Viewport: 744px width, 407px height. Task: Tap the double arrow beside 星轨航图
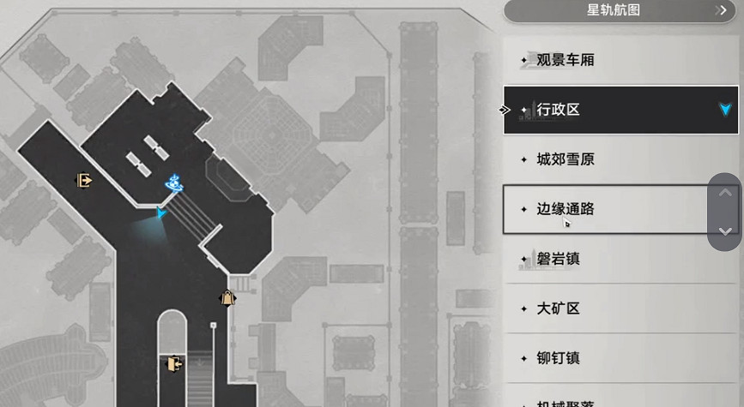click(722, 10)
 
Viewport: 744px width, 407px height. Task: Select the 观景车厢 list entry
click(566, 60)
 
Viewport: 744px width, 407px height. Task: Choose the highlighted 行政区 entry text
click(559, 110)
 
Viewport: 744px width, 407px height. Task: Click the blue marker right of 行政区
click(726, 109)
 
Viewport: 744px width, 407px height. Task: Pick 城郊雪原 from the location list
click(566, 159)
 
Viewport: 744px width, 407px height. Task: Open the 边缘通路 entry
click(566, 209)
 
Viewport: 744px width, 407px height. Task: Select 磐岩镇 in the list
click(559, 259)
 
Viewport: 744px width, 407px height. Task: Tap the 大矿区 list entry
click(559, 308)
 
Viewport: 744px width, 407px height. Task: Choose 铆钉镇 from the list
click(559, 358)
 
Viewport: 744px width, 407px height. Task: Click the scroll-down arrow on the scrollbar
click(725, 231)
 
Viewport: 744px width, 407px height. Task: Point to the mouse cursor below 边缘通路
click(567, 224)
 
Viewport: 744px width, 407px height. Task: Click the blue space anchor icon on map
click(175, 183)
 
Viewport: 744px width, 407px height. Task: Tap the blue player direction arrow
click(161, 213)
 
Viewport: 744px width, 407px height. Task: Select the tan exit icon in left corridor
click(84, 180)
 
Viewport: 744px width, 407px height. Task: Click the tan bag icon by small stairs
click(227, 298)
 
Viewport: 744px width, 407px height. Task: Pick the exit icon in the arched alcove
click(174, 364)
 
